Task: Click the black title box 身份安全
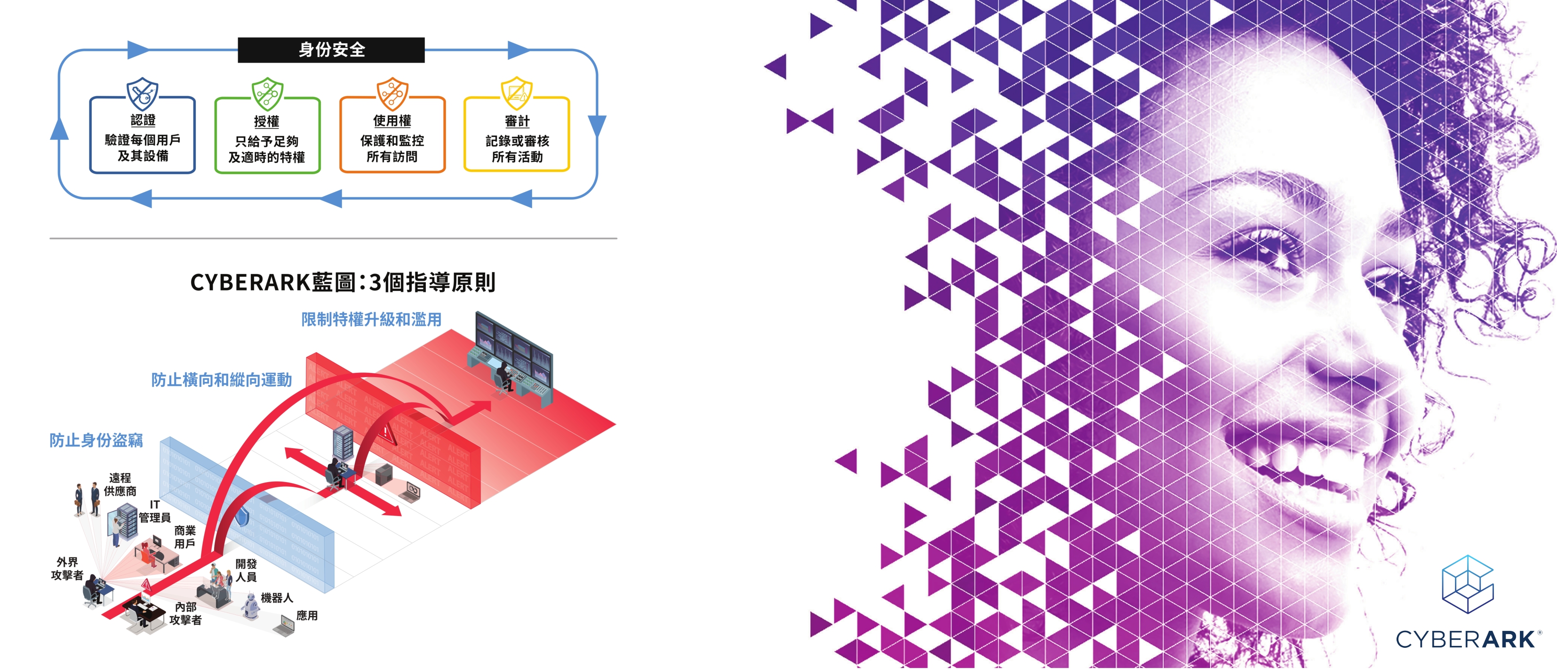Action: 331,49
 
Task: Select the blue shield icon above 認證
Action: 142,93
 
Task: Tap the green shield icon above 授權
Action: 267,94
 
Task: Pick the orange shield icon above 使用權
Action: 392,94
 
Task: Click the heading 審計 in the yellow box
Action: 518,121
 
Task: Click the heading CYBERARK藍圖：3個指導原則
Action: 343,282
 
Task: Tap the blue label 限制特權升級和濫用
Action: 371,319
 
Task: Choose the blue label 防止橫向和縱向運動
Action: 221,379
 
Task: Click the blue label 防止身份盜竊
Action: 96,440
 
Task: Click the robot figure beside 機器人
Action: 251,605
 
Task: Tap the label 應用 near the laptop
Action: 307,615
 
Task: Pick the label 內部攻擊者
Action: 185,613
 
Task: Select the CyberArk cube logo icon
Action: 1468,584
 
